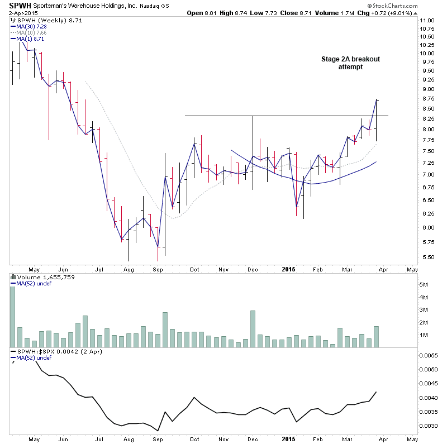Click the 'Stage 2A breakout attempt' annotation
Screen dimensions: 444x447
click(350, 63)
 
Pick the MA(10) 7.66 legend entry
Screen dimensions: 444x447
click(30, 33)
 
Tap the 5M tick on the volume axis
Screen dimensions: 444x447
click(424, 285)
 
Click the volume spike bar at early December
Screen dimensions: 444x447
click(253, 328)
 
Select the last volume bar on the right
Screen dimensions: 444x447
click(377, 336)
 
